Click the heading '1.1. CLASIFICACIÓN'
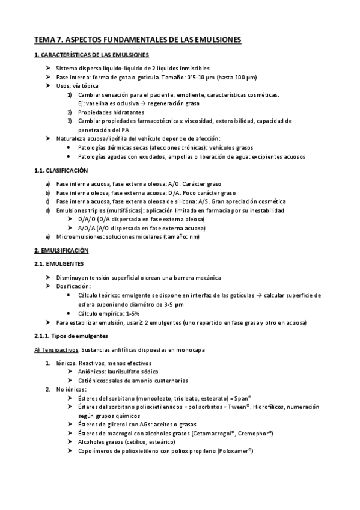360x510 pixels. click(61, 171)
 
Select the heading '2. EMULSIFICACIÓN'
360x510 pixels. click(61, 250)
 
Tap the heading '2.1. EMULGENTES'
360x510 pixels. click(59, 263)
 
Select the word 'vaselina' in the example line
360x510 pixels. click(97, 103)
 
